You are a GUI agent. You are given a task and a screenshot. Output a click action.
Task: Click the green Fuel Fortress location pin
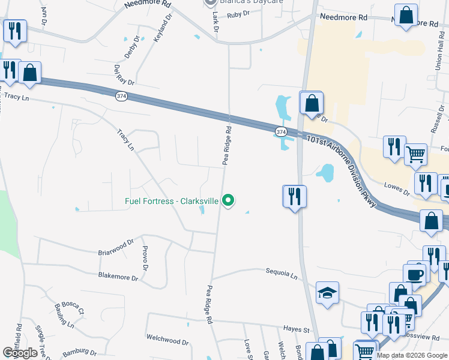coord(228,200)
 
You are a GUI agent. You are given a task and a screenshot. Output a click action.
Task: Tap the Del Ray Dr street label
coord(124,75)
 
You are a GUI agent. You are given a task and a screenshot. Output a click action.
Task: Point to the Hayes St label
coord(297,329)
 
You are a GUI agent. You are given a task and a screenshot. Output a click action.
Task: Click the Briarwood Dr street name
coord(115,248)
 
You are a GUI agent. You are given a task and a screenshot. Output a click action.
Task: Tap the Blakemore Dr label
coord(118,277)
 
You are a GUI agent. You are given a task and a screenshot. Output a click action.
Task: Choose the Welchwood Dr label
coord(167,341)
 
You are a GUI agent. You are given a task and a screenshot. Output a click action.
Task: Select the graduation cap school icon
coord(327,293)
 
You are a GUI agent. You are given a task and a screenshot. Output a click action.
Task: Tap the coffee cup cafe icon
coord(416,274)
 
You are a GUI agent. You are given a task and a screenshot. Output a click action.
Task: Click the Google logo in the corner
coord(20,353)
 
